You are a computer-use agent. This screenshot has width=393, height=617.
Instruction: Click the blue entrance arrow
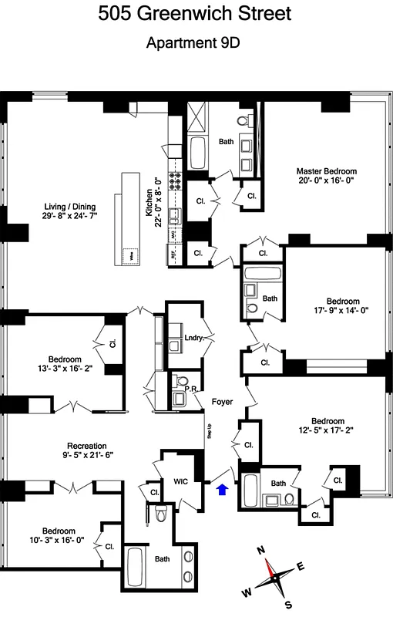(x=223, y=489)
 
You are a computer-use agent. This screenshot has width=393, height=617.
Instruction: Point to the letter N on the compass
(x=260, y=551)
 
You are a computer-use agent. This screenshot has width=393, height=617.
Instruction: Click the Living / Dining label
(x=66, y=206)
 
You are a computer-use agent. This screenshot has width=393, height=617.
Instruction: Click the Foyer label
(x=223, y=401)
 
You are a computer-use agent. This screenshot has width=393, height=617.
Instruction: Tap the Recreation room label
(x=86, y=446)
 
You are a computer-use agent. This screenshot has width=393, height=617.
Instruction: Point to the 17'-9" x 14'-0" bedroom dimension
(x=342, y=312)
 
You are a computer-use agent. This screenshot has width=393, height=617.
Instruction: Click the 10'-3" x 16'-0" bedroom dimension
(x=59, y=541)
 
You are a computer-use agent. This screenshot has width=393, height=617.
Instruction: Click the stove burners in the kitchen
(x=175, y=180)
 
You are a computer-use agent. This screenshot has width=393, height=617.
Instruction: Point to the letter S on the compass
(x=287, y=605)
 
